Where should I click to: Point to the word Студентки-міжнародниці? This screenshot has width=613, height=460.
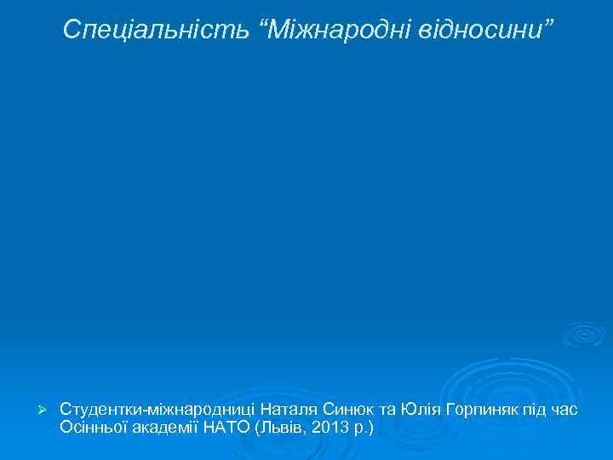[158, 410]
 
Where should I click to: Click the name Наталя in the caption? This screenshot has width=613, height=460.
[288, 410]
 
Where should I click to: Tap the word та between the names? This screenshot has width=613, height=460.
[387, 410]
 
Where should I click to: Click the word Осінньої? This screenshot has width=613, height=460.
[95, 426]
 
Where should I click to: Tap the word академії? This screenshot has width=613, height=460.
[169, 426]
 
